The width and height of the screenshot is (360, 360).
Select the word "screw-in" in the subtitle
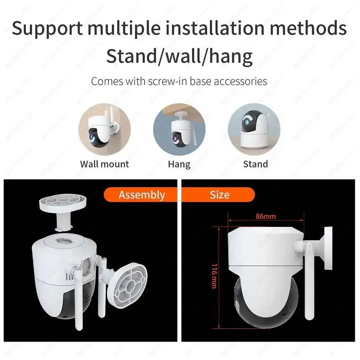[168, 81]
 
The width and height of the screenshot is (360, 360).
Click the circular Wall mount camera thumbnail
[104, 129]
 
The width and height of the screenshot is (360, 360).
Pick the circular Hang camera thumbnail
[179, 129]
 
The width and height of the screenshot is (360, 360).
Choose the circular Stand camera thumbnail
[254, 129]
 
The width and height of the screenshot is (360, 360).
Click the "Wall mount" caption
[104, 164]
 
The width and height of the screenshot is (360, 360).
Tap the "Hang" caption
[179, 164]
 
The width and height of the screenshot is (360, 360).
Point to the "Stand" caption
[255, 164]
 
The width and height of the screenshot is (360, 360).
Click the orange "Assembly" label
[141, 195]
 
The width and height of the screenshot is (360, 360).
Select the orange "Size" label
[219, 195]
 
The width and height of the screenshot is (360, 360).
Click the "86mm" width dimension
[266, 216]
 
